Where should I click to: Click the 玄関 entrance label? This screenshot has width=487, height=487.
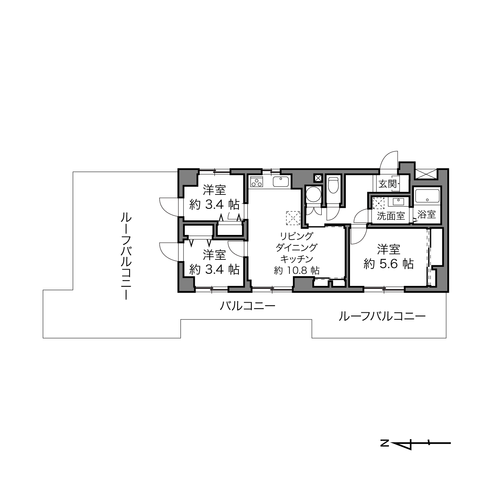click(x=388, y=184)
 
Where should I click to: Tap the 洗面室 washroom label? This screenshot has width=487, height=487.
click(x=391, y=216)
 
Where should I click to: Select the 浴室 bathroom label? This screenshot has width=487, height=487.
click(x=427, y=215)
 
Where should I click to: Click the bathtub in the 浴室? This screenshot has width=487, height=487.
click(x=427, y=195)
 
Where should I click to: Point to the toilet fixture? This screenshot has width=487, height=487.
click(x=333, y=185)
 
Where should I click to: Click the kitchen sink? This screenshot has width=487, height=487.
click(x=281, y=182)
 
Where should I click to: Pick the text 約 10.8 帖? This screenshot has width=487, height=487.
click(x=297, y=271)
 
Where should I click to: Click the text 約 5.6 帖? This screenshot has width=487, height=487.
click(x=389, y=264)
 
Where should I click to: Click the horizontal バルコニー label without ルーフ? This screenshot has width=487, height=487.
click(x=247, y=306)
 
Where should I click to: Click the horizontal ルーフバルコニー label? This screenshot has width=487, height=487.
click(x=382, y=316)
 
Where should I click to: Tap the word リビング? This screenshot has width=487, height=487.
click(x=296, y=236)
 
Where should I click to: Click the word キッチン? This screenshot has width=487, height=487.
click(x=297, y=259)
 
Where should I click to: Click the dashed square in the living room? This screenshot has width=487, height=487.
click(x=293, y=218)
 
